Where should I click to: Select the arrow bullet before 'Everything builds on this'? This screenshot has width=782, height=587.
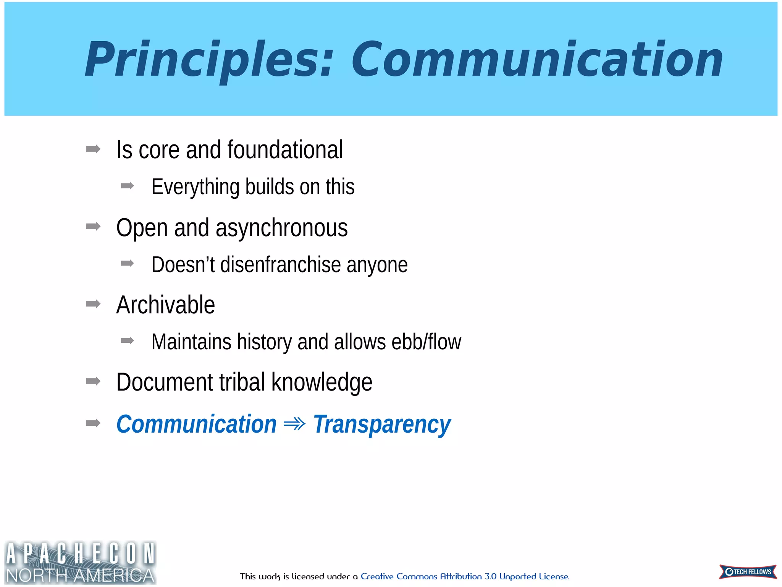click(x=127, y=186)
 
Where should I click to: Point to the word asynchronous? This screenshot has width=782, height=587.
click(x=281, y=228)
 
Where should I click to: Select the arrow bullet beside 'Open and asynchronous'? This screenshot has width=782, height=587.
click(x=93, y=227)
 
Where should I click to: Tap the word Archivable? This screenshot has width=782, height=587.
click(x=165, y=305)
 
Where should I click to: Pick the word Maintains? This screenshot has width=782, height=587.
click(x=191, y=342)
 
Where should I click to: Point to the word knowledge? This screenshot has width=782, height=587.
click(x=322, y=382)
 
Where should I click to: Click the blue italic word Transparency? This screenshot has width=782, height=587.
click(x=381, y=424)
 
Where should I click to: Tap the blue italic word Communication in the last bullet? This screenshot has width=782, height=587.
click(x=196, y=424)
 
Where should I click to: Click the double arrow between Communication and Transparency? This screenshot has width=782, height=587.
click(x=294, y=424)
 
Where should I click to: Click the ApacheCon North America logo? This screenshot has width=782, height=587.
click(x=80, y=562)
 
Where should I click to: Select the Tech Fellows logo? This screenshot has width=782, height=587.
click(x=748, y=572)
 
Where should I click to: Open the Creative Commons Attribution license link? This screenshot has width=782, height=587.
click(x=465, y=576)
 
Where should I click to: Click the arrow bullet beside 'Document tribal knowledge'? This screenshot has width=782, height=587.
click(x=93, y=381)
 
